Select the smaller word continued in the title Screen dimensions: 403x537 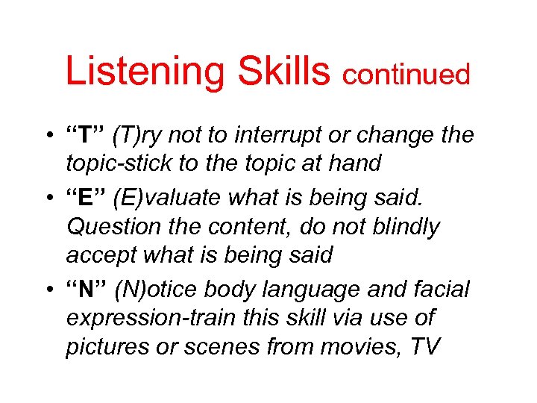pos(406,75)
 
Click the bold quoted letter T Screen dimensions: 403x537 pos(85,136)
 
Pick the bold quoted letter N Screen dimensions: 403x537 pos(87,289)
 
